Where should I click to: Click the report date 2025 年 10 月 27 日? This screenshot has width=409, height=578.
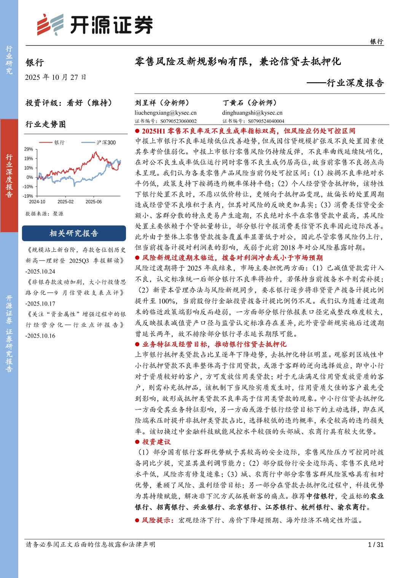point(56,78)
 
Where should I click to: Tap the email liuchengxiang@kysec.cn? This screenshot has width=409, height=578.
point(166,113)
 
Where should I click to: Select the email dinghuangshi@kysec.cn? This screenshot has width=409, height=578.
point(252,113)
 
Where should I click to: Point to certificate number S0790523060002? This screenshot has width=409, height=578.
point(178,121)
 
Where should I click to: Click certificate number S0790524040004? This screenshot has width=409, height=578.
point(266,121)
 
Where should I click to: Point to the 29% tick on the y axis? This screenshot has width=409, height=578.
point(29,149)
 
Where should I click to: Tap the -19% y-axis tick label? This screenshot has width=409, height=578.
point(28,196)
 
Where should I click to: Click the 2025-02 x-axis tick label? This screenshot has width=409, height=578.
point(65,202)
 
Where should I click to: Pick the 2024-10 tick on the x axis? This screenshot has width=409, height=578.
point(37,202)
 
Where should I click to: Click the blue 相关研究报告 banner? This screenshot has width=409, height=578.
point(74,233)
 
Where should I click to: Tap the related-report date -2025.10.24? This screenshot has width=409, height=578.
point(40,272)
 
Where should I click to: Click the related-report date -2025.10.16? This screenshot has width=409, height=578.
point(40,336)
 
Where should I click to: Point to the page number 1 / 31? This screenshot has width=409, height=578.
point(376,545)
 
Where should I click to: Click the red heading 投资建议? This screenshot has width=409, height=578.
point(156,442)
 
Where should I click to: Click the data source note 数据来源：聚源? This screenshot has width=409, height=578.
point(45,214)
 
